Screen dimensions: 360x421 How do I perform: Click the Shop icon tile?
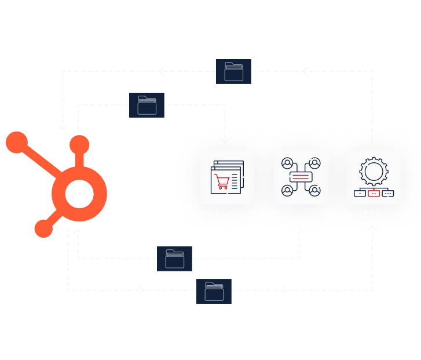(227, 177)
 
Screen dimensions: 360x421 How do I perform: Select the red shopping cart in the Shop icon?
(222, 181)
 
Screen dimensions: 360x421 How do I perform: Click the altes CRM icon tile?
(301, 177)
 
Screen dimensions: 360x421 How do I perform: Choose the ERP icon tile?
(374, 177)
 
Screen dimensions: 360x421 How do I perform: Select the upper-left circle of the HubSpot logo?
(17, 143)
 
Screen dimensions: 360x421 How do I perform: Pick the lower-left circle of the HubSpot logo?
(43, 228)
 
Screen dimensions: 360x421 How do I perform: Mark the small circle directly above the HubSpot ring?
(79, 146)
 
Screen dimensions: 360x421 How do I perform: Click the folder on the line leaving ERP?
(233, 71)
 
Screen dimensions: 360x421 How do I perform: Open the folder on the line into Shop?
(147, 105)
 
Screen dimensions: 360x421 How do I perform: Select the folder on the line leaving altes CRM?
(174, 259)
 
